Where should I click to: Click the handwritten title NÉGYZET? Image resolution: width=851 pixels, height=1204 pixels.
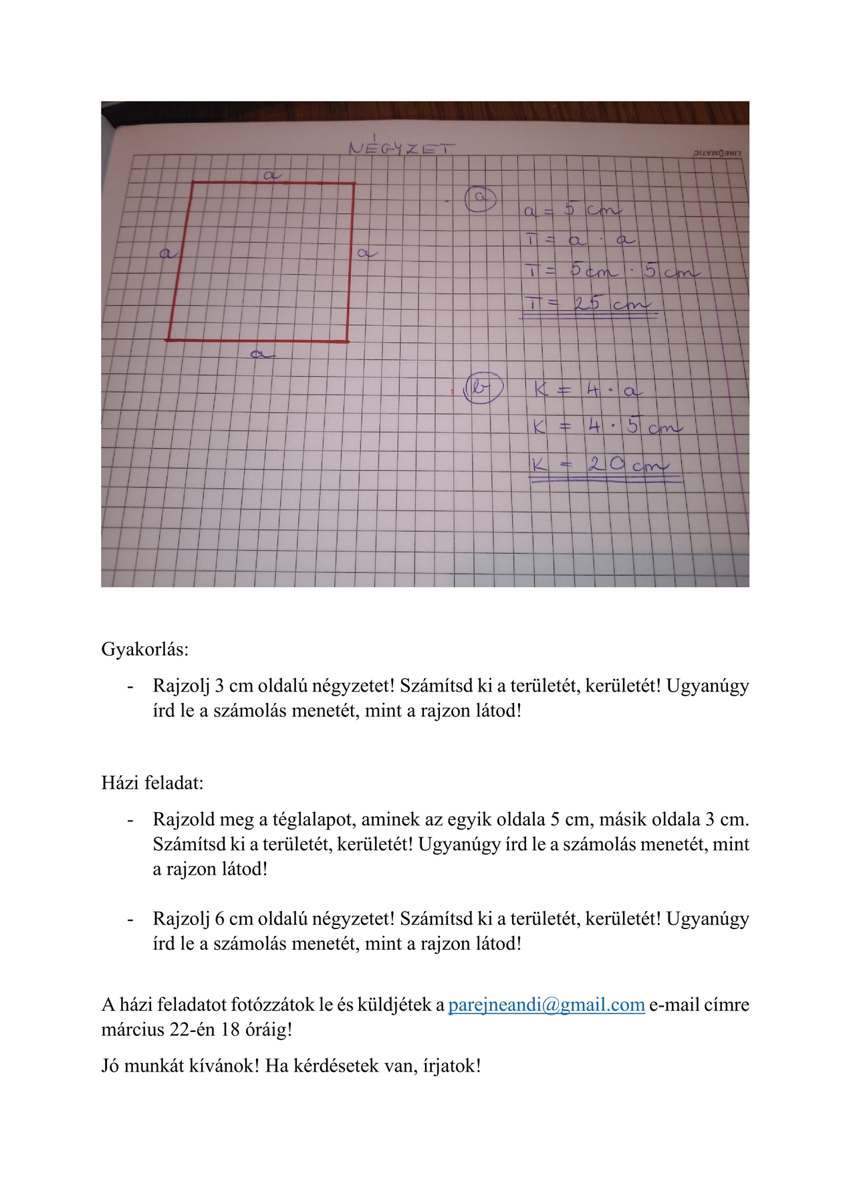[400, 148]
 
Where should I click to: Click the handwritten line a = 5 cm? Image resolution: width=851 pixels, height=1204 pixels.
[572, 210]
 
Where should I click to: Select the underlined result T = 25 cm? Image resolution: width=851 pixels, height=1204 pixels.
[588, 304]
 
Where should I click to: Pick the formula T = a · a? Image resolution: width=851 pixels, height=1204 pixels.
[579, 239]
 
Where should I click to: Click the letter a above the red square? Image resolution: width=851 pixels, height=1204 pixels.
[271, 175]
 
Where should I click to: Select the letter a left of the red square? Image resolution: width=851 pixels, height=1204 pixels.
[168, 253]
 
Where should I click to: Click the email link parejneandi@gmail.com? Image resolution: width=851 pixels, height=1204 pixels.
[546, 1005]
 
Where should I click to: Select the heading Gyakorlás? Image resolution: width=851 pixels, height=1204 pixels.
[145, 649]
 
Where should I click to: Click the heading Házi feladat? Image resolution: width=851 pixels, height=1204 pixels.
[152, 783]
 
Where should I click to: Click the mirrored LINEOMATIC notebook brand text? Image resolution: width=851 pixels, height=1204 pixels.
[717, 153]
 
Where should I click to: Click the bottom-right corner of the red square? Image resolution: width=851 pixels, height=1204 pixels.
[348, 341]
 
